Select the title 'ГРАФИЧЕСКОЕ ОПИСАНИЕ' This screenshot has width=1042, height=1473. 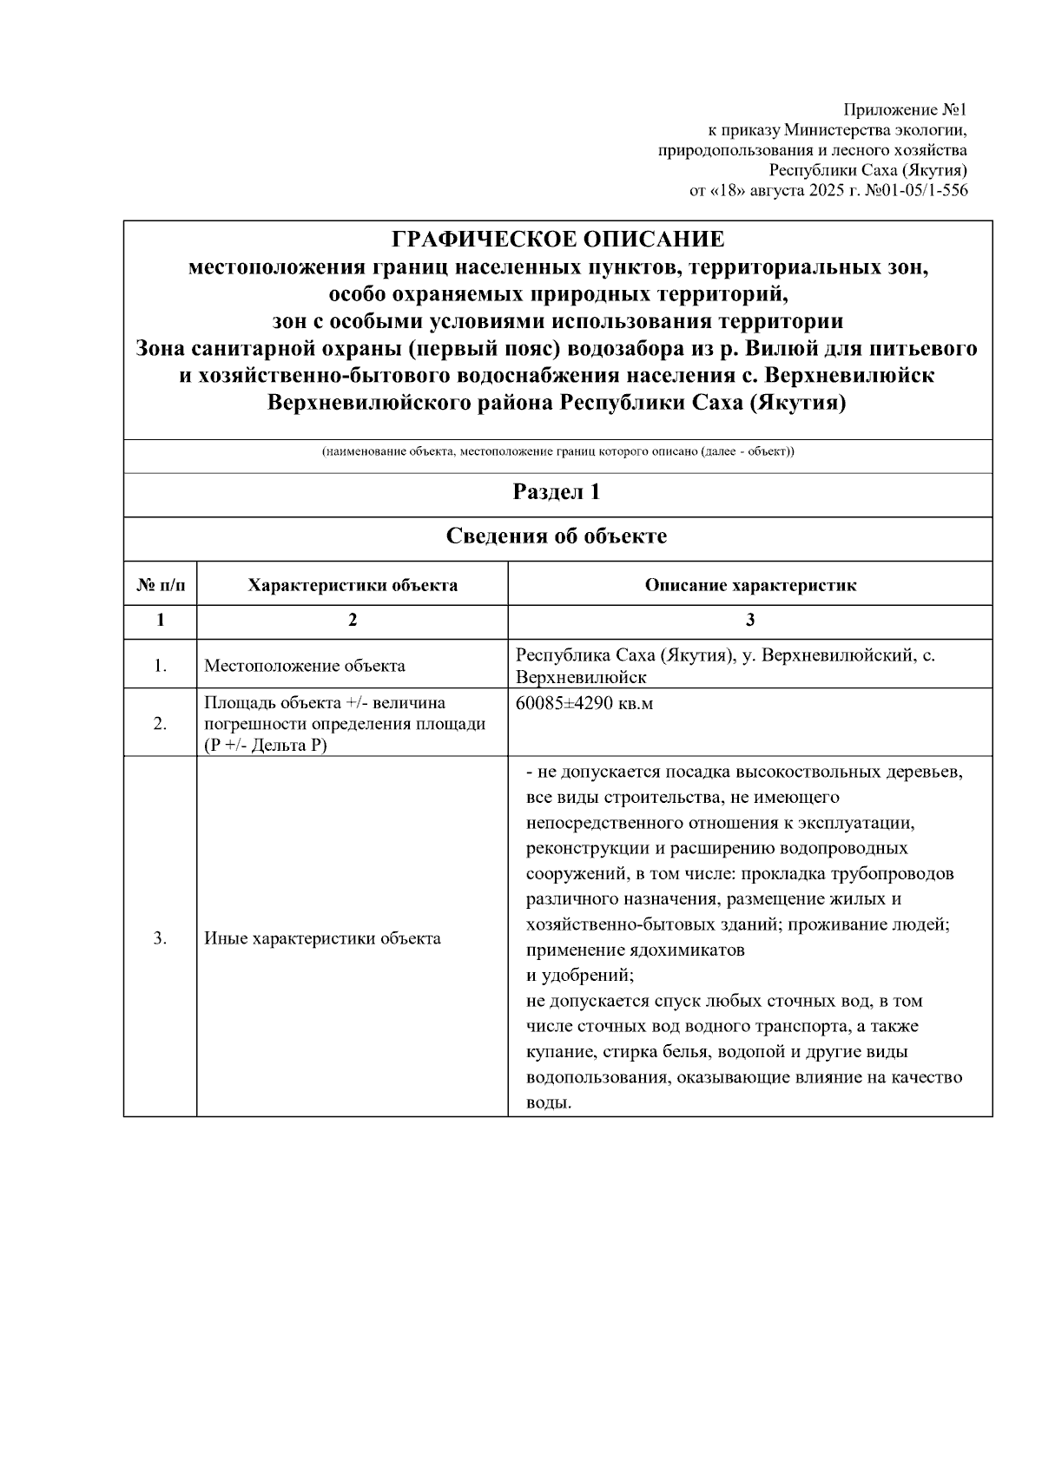[x=557, y=240]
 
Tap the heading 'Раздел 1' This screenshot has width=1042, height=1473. [x=557, y=493]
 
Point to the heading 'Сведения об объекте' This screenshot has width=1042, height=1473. [x=557, y=536]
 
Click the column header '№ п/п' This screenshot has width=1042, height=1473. [x=161, y=585]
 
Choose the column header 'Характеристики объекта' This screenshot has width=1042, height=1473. [x=353, y=585]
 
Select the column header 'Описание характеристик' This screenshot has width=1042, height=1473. [x=750, y=585]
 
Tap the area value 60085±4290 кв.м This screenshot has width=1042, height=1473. [x=584, y=704]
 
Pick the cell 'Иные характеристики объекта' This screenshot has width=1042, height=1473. [x=322, y=938]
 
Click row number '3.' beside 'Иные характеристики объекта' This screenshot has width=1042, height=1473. [x=161, y=938]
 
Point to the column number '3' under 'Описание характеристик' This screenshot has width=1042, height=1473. [x=750, y=621]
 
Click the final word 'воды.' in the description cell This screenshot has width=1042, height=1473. [x=549, y=1103]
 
